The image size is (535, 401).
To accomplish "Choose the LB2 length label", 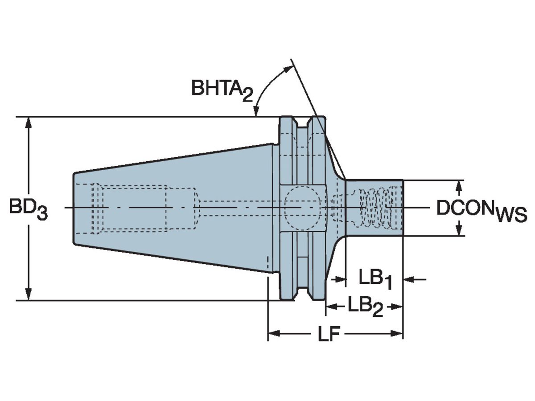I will (365, 307).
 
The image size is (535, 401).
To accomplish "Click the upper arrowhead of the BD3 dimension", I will (29, 123).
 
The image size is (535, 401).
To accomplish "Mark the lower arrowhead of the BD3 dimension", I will (29, 295).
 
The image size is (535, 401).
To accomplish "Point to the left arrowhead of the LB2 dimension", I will (330, 307).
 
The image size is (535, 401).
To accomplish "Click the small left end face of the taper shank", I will (74, 208).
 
